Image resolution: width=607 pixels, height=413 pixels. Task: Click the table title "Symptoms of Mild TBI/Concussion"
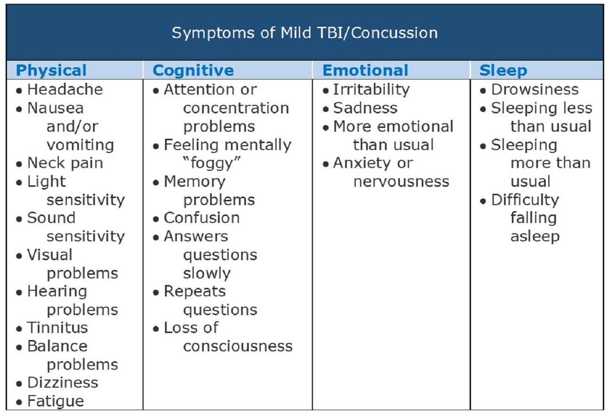coord(304,33)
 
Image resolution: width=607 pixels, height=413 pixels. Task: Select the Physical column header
coord(51,71)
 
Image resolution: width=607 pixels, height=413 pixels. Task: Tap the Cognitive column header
coord(193,71)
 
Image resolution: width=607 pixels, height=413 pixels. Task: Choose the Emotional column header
coord(365,71)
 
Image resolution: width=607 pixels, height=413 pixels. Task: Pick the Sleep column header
coord(503,71)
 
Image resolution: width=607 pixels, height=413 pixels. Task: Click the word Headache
coord(65,89)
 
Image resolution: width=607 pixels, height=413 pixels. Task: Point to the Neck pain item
coord(65,163)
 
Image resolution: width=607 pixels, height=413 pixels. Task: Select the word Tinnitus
coord(57,328)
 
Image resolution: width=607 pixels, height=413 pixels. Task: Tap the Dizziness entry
coord(63,383)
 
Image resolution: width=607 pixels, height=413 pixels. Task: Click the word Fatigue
coord(56,401)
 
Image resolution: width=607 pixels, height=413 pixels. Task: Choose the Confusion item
coord(201,218)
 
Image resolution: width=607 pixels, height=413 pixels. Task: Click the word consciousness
coord(238,346)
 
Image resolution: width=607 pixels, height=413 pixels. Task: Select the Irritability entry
coord(371,89)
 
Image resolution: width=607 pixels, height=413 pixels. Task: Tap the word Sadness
coord(365,108)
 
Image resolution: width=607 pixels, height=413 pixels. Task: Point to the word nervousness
coord(401,182)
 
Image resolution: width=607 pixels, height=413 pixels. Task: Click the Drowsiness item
coord(535,89)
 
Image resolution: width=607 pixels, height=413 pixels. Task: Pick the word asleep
coord(535,236)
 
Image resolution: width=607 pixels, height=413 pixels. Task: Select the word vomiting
coord(80,145)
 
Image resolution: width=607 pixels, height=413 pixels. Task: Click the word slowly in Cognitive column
coord(207,273)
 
